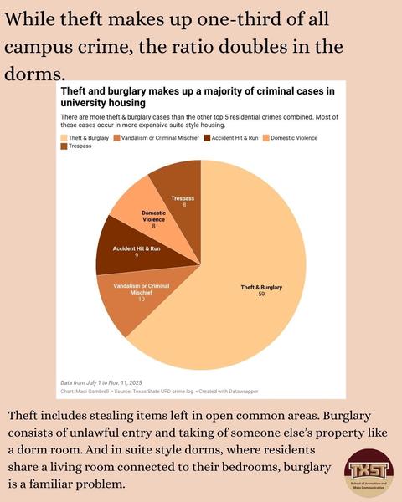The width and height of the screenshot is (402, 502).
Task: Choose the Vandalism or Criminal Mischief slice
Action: coord(141,295)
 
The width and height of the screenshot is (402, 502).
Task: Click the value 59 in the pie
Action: coord(261,294)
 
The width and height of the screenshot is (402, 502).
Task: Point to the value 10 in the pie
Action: coord(142,299)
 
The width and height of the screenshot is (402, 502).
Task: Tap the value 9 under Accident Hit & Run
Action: coord(137,255)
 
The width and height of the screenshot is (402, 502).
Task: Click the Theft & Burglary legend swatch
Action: coord(64,138)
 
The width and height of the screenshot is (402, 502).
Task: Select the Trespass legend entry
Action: coord(76,146)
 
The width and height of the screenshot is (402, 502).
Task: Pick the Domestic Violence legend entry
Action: coord(290,138)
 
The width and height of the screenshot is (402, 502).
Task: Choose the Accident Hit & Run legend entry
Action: coord(231,138)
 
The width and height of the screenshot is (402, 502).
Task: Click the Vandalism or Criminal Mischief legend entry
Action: coord(156,138)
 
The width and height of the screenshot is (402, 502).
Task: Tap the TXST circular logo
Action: coord(368,473)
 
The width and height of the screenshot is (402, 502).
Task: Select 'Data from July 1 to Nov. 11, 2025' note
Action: coord(101,382)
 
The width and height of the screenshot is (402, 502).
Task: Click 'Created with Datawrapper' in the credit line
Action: coord(229,392)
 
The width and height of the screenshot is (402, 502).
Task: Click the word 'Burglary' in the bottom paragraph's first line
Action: coord(347,416)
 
